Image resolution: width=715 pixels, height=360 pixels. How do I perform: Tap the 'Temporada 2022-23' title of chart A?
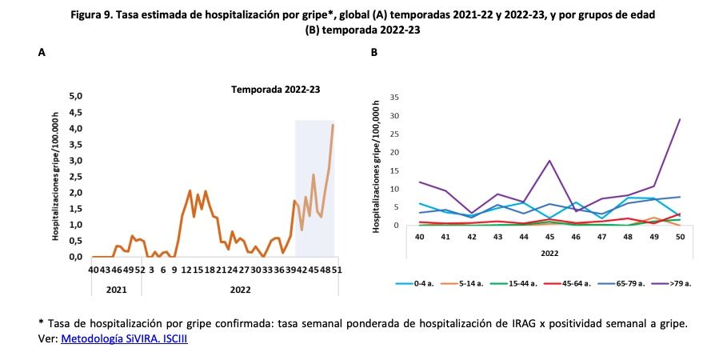coord(275,90)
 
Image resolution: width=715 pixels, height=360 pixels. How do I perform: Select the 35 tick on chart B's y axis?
coord(393,97)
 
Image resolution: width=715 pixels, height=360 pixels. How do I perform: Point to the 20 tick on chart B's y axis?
coord(393,152)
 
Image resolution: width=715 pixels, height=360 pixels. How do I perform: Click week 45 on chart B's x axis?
coord(549,237)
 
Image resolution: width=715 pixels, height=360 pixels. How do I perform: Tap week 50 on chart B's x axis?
coord(680,237)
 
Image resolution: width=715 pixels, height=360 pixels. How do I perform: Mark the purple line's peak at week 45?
coord(549,161)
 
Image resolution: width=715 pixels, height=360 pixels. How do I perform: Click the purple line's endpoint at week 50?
coord(680,119)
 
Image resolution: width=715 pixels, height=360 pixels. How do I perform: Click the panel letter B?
coord(373,52)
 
